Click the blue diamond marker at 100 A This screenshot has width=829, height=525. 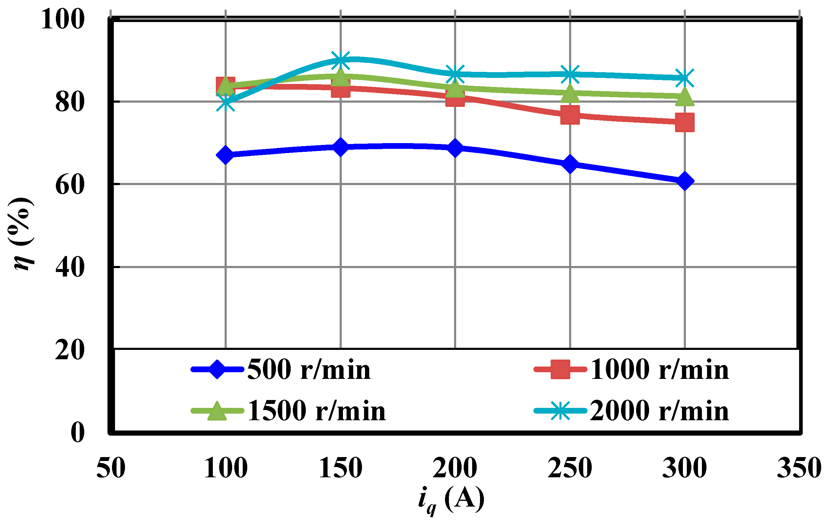(x=226, y=155)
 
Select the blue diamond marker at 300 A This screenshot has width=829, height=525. (x=684, y=181)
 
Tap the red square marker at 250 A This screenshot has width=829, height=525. (x=570, y=115)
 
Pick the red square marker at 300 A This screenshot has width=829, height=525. (x=684, y=123)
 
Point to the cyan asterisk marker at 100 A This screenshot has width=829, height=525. (x=226, y=103)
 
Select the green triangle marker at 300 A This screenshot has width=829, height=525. (x=684, y=97)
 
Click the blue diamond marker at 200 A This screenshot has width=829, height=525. (x=455, y=148)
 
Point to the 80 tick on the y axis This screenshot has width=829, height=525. (x=69, y=102)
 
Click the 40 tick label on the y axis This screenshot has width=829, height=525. (x=69, y=267)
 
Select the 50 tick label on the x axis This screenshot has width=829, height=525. (x=111, y=468)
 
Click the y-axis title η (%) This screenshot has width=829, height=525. (x=21, y=234)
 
